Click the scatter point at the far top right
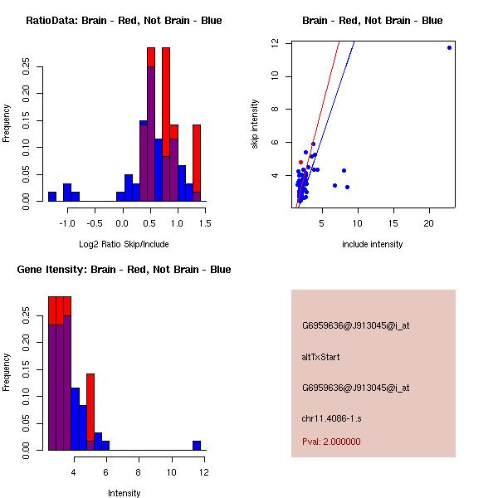[449, 47]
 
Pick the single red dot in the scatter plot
[300, 162]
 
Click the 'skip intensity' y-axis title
[256, 124]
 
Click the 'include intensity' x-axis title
[372, 244]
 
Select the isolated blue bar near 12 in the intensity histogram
[197, 445]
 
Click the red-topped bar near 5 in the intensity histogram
[90, 411]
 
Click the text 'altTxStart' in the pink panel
[321, 357]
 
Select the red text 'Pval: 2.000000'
[331, 442]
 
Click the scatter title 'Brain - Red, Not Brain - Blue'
[372, 21]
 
